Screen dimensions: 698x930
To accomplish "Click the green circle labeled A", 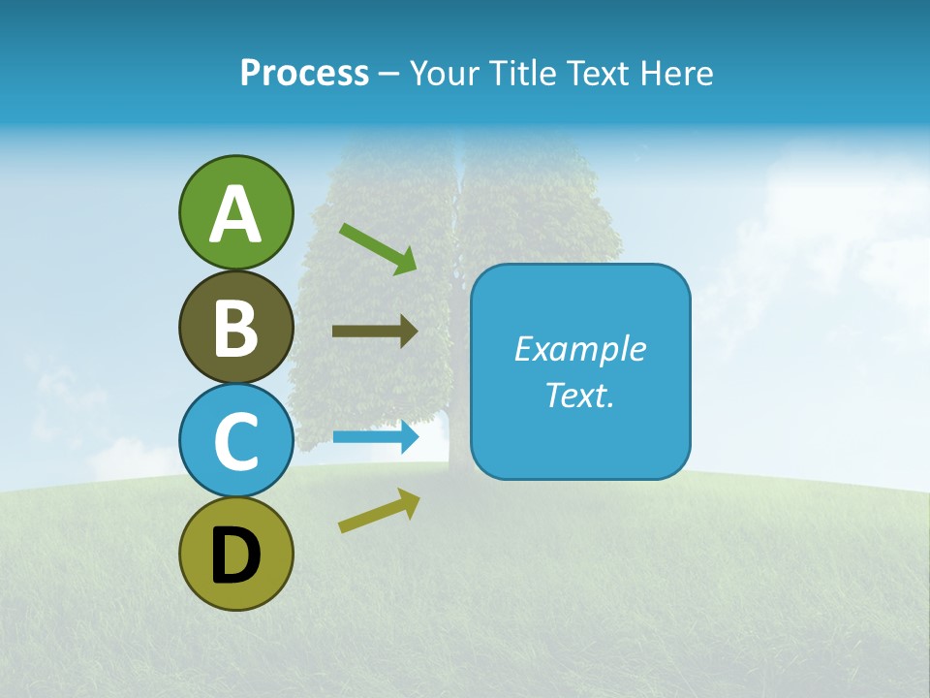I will tap(235, 212).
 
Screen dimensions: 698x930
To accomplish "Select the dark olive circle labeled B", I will tap(235, 327).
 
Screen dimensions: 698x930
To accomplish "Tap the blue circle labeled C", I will tap(235, 440).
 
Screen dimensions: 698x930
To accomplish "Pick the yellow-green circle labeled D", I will tap(235, 554).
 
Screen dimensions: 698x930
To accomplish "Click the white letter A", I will tap(235, 214).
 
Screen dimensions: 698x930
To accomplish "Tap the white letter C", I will tap(235, 441).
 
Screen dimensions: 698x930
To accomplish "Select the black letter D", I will tap(235, 556).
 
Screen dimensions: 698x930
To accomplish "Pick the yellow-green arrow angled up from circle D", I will tap(379, 511).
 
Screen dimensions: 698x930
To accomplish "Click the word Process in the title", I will tap(304, 74).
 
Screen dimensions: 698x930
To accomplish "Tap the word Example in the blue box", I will tap(579, 349).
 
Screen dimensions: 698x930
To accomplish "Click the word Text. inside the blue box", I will tap(579, 395).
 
